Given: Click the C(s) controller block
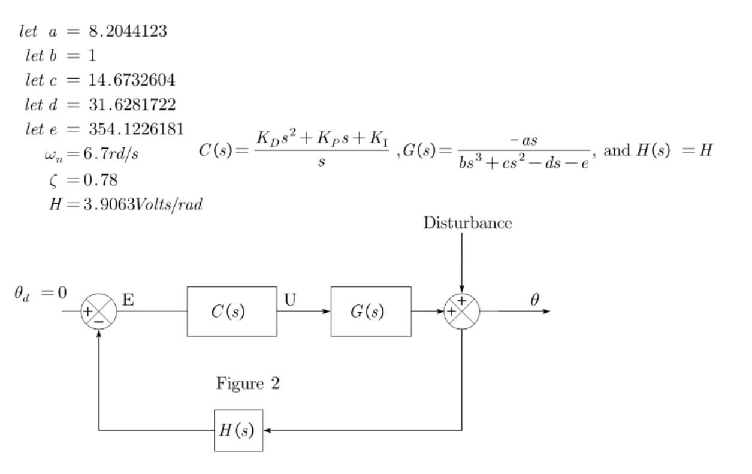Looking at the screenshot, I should (232, 312).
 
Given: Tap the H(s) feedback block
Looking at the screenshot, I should (238, 431).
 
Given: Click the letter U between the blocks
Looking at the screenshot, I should (289, 299).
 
